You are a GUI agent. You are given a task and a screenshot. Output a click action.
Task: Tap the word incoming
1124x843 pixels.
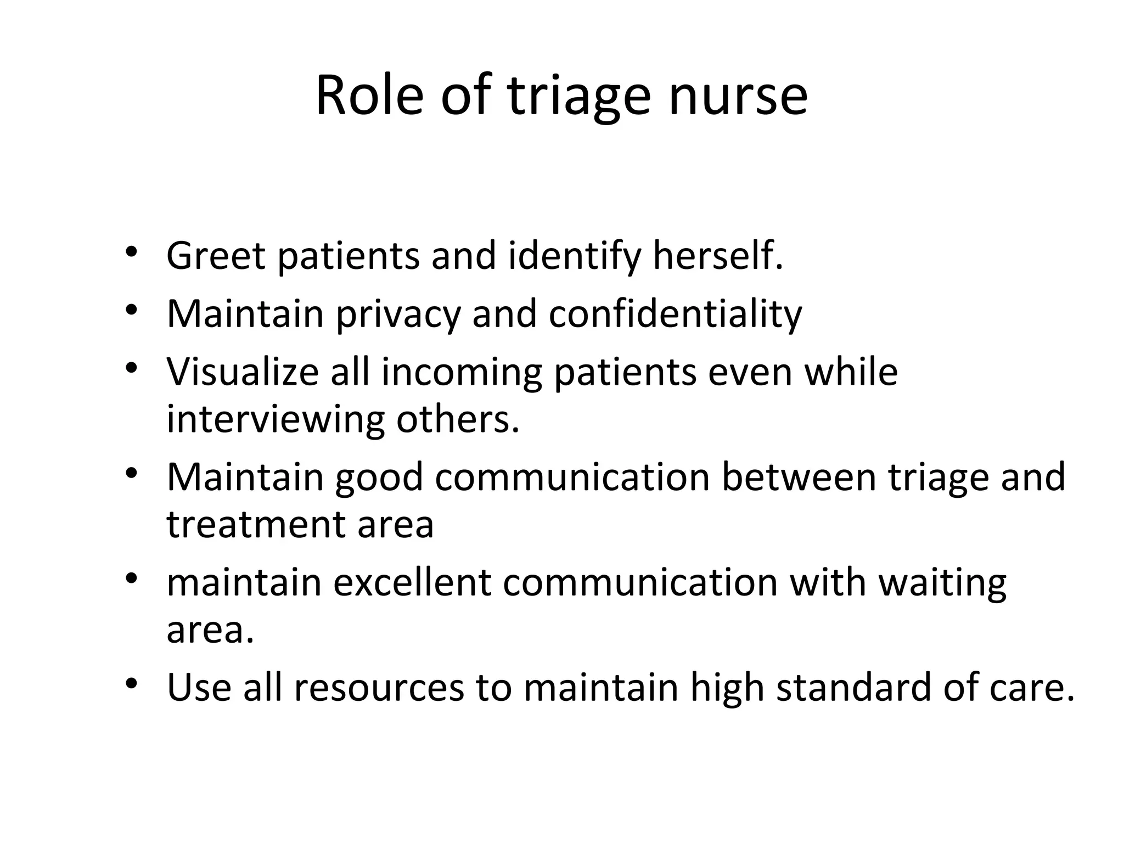(x=461, y=372)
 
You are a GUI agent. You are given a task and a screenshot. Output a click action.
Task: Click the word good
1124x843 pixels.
(x=379, y=476)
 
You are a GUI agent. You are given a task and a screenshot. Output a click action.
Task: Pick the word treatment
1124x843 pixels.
(x=256, y=524)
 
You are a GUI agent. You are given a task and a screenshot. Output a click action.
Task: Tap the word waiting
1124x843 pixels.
(x=942, y=582)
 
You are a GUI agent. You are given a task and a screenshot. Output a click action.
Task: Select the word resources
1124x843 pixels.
(x=379, y=687)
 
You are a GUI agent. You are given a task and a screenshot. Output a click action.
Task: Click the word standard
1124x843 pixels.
(x=854, y=687)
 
